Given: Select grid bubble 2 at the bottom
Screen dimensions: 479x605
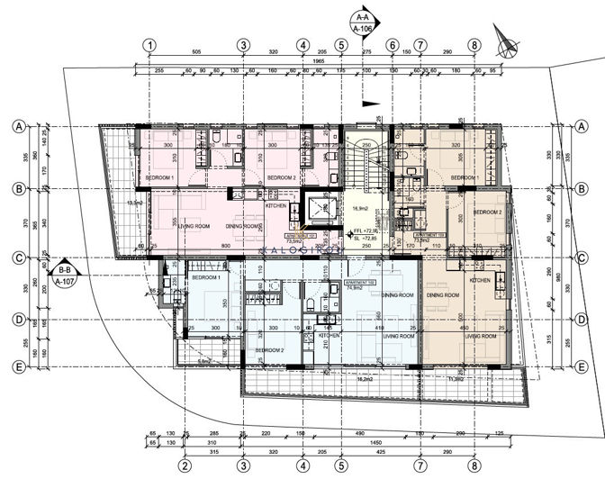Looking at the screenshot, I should [x=184, y=465].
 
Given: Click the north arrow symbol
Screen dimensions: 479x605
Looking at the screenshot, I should [x=507, y=40].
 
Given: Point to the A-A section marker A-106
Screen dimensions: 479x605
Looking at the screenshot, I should [x=364, y=23].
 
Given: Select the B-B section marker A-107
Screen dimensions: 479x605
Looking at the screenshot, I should [x=64, y=275].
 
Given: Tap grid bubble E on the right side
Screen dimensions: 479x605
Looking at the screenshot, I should [x=582, y=367].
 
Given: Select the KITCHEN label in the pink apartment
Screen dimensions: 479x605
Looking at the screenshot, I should [x=275, y=204].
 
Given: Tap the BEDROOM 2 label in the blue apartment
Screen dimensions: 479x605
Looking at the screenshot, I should [x=268, y=350].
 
